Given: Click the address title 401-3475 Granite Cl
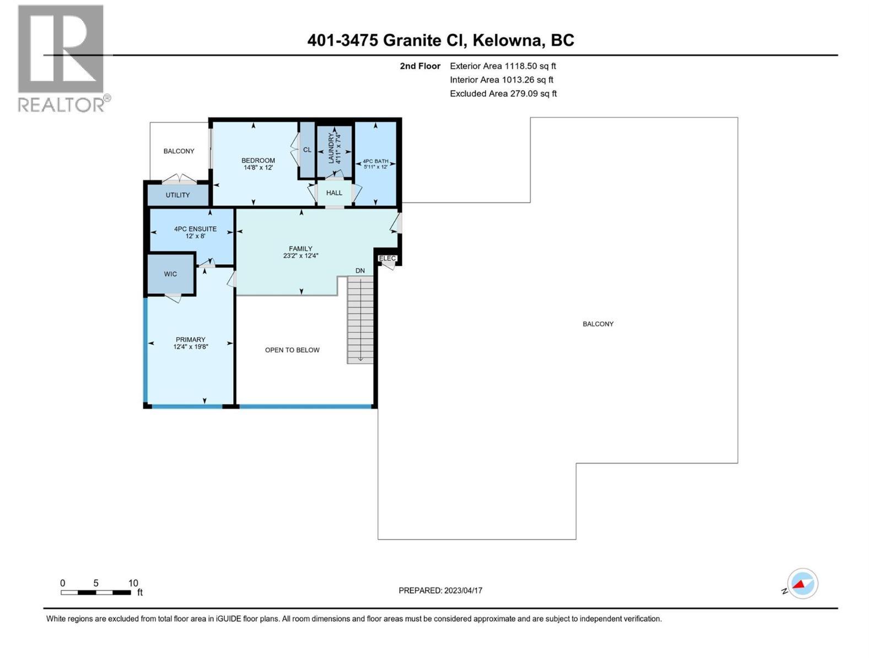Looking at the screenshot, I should pos(440,40).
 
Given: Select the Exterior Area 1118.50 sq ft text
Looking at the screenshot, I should pos(503,66).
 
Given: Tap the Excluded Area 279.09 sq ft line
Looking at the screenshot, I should pos(503,94).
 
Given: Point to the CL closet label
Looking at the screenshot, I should pos(307,150).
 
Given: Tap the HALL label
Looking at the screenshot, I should pos(334,193).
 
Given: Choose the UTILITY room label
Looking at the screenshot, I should pos(178,195).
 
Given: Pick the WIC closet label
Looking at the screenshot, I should pos(170,274).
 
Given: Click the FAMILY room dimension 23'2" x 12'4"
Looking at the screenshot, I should pos(300,256).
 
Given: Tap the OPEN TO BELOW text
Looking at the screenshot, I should pos(292,350).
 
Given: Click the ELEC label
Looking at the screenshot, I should pos(388,258).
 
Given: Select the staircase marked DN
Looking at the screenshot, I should pos(360,319).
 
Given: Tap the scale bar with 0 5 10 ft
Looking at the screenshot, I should pos(96,592).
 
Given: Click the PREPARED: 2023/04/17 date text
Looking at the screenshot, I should pos(440,591).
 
